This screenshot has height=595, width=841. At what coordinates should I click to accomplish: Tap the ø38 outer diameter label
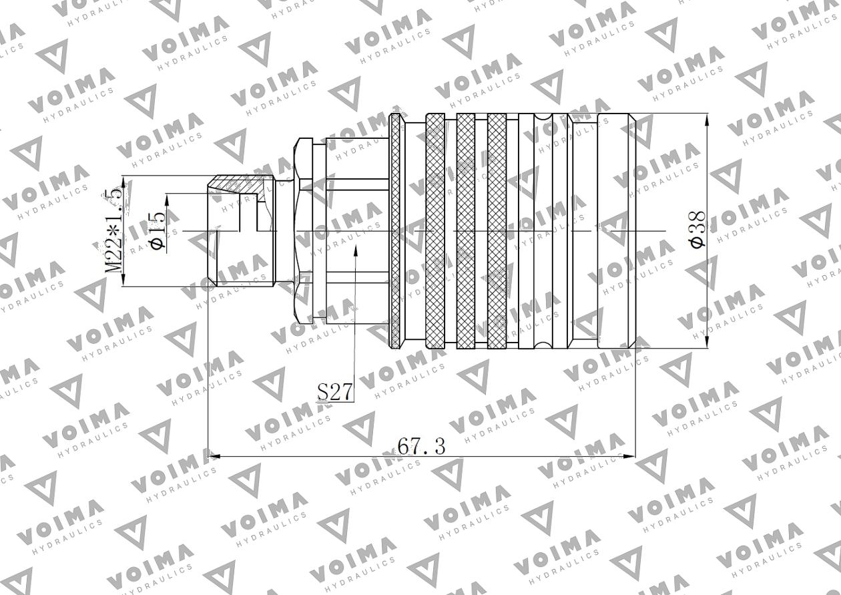[x=697, y=230]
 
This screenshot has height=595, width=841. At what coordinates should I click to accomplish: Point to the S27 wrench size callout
[x=334, y=391]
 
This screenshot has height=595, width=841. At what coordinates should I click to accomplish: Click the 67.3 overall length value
[x=420, y=445]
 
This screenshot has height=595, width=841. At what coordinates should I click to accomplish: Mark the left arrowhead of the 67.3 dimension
[x=214, y=457]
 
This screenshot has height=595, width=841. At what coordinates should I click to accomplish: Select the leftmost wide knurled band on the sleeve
[x=435, y=230]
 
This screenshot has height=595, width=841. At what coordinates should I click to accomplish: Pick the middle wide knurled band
[x=466, y=230]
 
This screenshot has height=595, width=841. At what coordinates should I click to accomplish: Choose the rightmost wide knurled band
[x=497, y=230]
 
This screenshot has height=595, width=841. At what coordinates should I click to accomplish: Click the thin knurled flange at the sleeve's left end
[x=395, y=230]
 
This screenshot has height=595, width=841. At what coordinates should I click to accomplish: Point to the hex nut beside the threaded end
[x=303, y=230]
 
